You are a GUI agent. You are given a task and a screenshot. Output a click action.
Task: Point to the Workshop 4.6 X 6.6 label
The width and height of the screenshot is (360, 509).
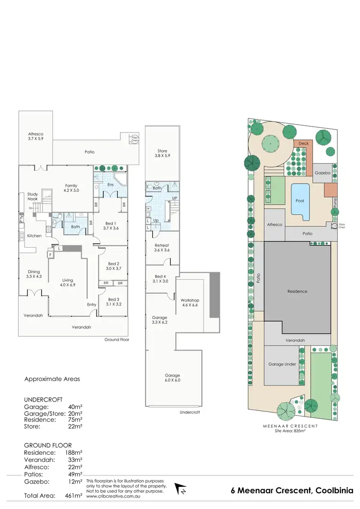[x=190, y=303]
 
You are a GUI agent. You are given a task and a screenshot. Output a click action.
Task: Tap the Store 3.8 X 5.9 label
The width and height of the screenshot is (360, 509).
[x=162, y=153]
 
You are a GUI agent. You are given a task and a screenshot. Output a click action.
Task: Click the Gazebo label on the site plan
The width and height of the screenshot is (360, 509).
[x=322, y=173]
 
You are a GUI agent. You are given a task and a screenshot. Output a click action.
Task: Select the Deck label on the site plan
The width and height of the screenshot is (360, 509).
[x=303, y=143]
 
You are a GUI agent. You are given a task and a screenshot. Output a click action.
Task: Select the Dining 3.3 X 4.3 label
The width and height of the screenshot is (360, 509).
[x=34, y=274]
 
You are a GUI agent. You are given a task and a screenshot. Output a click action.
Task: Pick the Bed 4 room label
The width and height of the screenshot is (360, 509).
[x=161, y=279]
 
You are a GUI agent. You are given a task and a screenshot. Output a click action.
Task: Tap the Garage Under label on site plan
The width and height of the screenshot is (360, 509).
[x=283, y=364]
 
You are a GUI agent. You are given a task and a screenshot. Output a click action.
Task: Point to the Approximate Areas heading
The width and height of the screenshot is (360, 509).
[x=52, y=379]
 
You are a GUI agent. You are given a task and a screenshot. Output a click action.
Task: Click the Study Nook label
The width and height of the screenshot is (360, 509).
[x=33, y=197]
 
